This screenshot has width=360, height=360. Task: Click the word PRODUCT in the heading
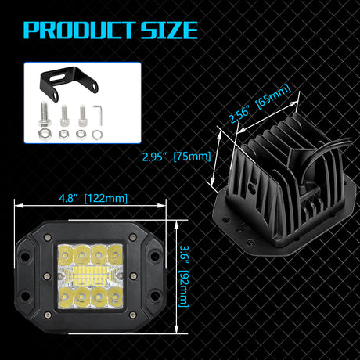(x=79, y=31)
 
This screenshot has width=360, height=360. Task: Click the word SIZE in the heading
(x=169, y=31)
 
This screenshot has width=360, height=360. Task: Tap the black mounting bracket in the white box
(x=68, y=83)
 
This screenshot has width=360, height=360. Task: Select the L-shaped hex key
(x=98, y=115)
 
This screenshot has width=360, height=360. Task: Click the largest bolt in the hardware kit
(x=45, y=114)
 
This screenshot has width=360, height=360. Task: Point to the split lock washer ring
(x=97, y=135)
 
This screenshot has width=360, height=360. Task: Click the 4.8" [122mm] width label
(x=93, y=198)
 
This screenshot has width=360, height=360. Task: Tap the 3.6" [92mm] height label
(x=184, y=276)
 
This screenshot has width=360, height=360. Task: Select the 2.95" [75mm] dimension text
(x=176, y=157)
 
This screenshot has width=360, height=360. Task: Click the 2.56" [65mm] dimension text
(x=260, y=103)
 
